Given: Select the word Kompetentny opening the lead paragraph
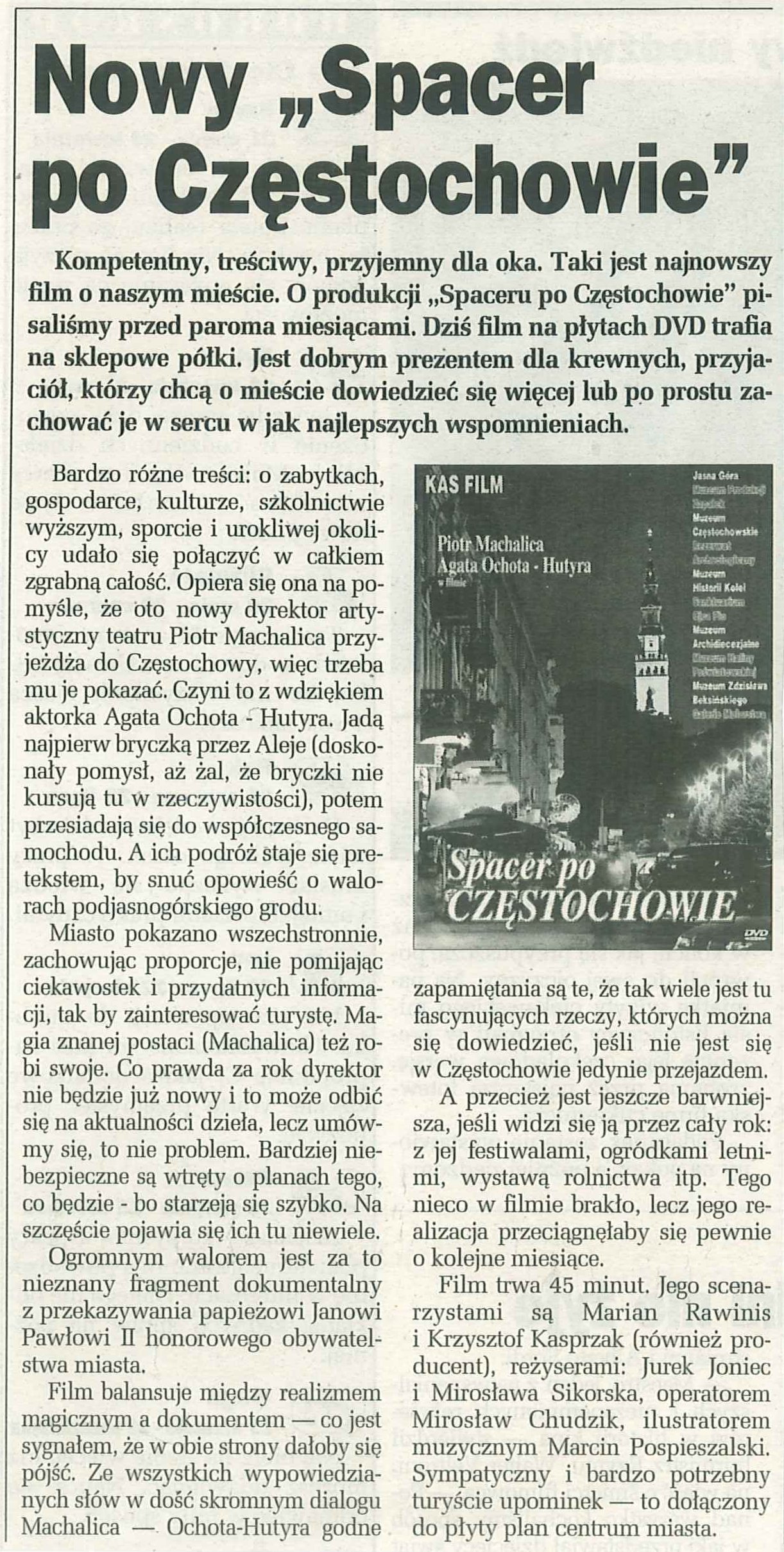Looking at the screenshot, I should pos(122,264).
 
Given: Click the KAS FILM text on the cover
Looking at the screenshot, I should pos(465,486).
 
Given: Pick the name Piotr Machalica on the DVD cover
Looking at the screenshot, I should pos(490,545).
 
